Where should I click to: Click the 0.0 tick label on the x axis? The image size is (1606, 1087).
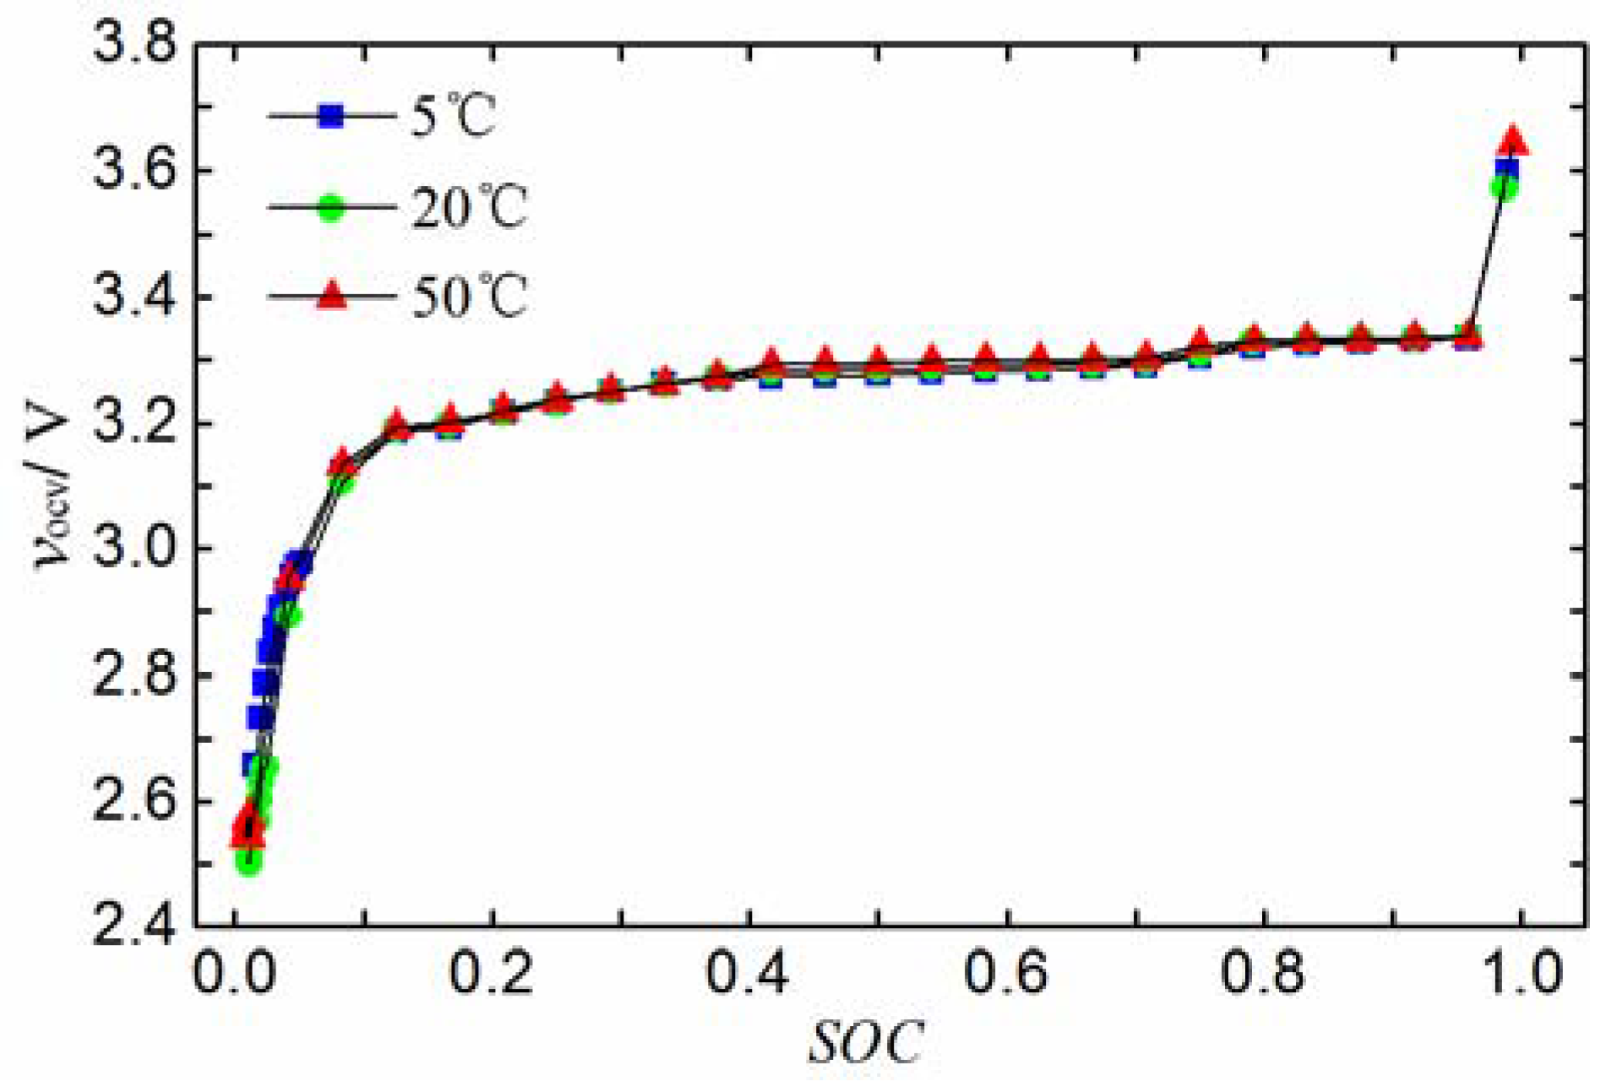236,972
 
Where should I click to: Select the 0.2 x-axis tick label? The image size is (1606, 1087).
492,972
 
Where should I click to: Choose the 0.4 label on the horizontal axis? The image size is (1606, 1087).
749,972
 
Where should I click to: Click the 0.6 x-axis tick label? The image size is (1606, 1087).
1006,972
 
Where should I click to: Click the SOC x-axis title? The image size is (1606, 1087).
866,1043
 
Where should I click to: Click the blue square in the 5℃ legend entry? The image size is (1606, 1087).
332,116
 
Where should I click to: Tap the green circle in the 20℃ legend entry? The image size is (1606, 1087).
332,207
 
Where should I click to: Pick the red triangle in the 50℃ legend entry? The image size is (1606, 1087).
332,296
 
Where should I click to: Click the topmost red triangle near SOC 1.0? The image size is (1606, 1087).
1512,140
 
